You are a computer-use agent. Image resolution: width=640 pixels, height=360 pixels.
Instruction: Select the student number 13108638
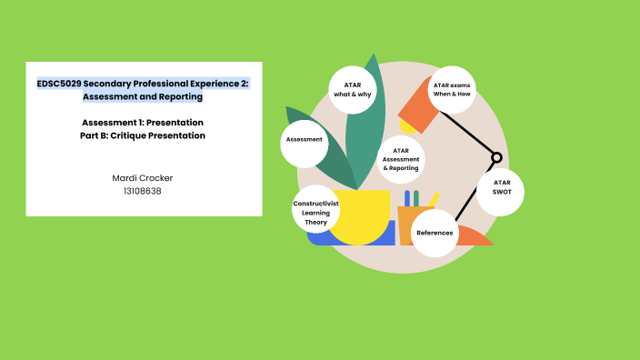[x=142, y=191]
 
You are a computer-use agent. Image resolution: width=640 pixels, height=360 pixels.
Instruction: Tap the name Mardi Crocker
[x=142, y=177]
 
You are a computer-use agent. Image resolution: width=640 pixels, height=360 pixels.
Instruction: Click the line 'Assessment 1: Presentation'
[x=142, y=122]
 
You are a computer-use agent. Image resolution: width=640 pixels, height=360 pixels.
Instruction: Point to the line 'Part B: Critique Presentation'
[x=142, y=135]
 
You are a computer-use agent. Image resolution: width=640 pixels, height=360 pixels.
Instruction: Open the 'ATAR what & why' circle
[x=352, y=89]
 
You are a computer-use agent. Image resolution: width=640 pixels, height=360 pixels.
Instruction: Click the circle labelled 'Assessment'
[x=304, y=140]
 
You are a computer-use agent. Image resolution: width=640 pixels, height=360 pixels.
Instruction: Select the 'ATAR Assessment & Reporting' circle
[x=400, y=160]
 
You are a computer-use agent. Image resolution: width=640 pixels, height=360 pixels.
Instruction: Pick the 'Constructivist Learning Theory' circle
[x=315, y=215]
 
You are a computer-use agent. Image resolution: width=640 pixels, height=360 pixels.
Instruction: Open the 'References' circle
[x=435, y=233]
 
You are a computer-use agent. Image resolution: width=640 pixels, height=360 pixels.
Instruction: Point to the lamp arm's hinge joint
[x=496, y=157]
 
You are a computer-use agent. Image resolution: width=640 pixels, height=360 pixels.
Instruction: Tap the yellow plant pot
[x=359, y=216]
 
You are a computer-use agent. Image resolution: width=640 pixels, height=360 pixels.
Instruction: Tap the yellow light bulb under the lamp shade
[x=405, y=126]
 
